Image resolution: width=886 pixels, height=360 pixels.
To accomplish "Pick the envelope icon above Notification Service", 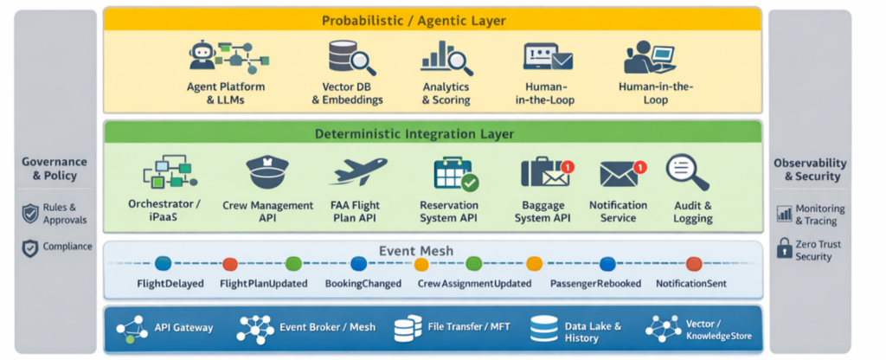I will (x=620, y=172).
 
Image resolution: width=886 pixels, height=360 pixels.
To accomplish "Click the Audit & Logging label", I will (x=692, y=212).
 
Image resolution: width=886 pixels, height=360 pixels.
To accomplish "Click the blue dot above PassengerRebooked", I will (x=607, y=264).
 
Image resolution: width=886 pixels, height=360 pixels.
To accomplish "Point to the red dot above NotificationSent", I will (x=693, y=264).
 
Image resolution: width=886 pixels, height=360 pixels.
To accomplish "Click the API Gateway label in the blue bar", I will (x=183, y=328).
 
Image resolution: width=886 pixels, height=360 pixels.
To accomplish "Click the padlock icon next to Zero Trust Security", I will (x=784, y=250).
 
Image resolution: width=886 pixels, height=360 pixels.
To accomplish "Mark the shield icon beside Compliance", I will (x=29, y=247).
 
